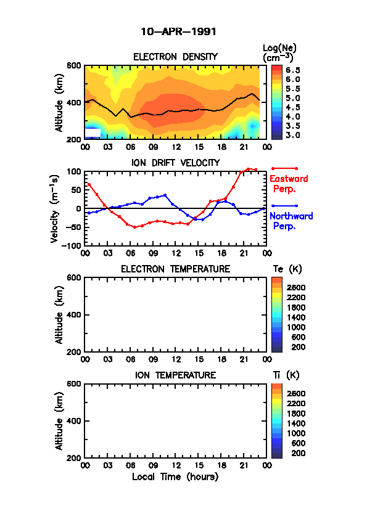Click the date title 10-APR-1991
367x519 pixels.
[x=178, y=32]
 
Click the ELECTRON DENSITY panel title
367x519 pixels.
[x=175, y=57]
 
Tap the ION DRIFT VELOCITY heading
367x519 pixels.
[x=175, y=163]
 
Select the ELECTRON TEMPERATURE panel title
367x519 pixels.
[x=175, y=269]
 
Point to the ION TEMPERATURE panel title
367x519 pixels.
[x=175, y=375]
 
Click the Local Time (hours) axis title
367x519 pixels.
[x=175, y=477]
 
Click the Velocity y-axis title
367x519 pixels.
[x=55, y=209]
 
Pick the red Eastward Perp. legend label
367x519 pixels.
[x=289, y=184]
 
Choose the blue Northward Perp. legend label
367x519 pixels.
[x=291, y=221]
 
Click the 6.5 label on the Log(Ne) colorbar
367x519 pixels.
[x=293, y=70]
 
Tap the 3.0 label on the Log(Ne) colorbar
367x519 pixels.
[x=293, y=135]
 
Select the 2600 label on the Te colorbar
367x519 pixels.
[x=296, y=287]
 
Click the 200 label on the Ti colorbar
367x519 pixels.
[x=298, y=453]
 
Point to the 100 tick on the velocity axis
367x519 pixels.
[x=74, y=172]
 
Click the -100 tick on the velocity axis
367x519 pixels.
[x=72, y=245]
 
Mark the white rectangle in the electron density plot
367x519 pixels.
[x=93, y=133]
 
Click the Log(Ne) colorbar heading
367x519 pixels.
[x=279, y=53]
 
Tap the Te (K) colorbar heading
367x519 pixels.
[x=287, y=269]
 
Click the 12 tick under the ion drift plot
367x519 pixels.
[x=176, y=253]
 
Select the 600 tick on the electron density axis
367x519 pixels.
[x=74, y=65]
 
